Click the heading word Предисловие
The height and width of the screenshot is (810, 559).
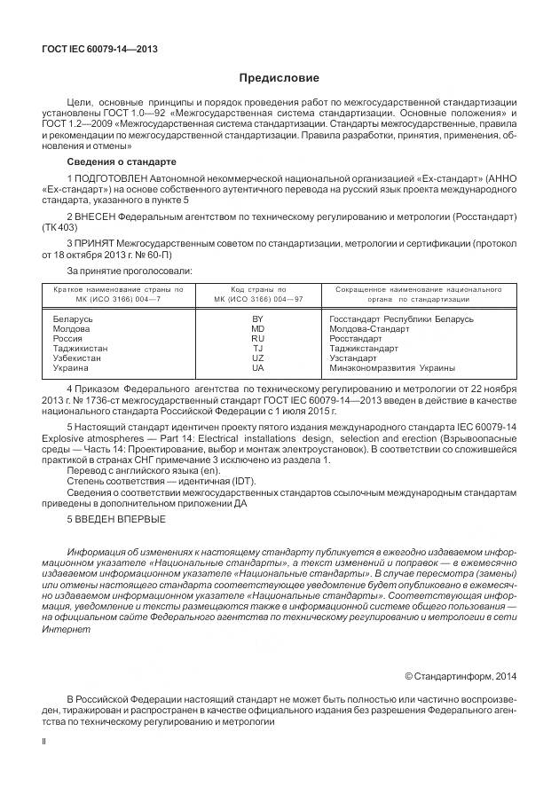point(279,78)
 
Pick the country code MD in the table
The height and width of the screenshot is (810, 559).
point(258,328)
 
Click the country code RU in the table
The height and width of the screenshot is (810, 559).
point(258,338)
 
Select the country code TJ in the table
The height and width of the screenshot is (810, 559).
point(258,348)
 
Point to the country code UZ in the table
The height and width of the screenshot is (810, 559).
point(258,358)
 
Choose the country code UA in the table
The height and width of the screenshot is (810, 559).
point(258,367)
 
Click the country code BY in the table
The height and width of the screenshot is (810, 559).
point(258,318)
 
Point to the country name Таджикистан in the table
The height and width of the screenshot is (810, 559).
point(81,348)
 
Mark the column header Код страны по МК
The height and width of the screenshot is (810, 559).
point(258,295)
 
